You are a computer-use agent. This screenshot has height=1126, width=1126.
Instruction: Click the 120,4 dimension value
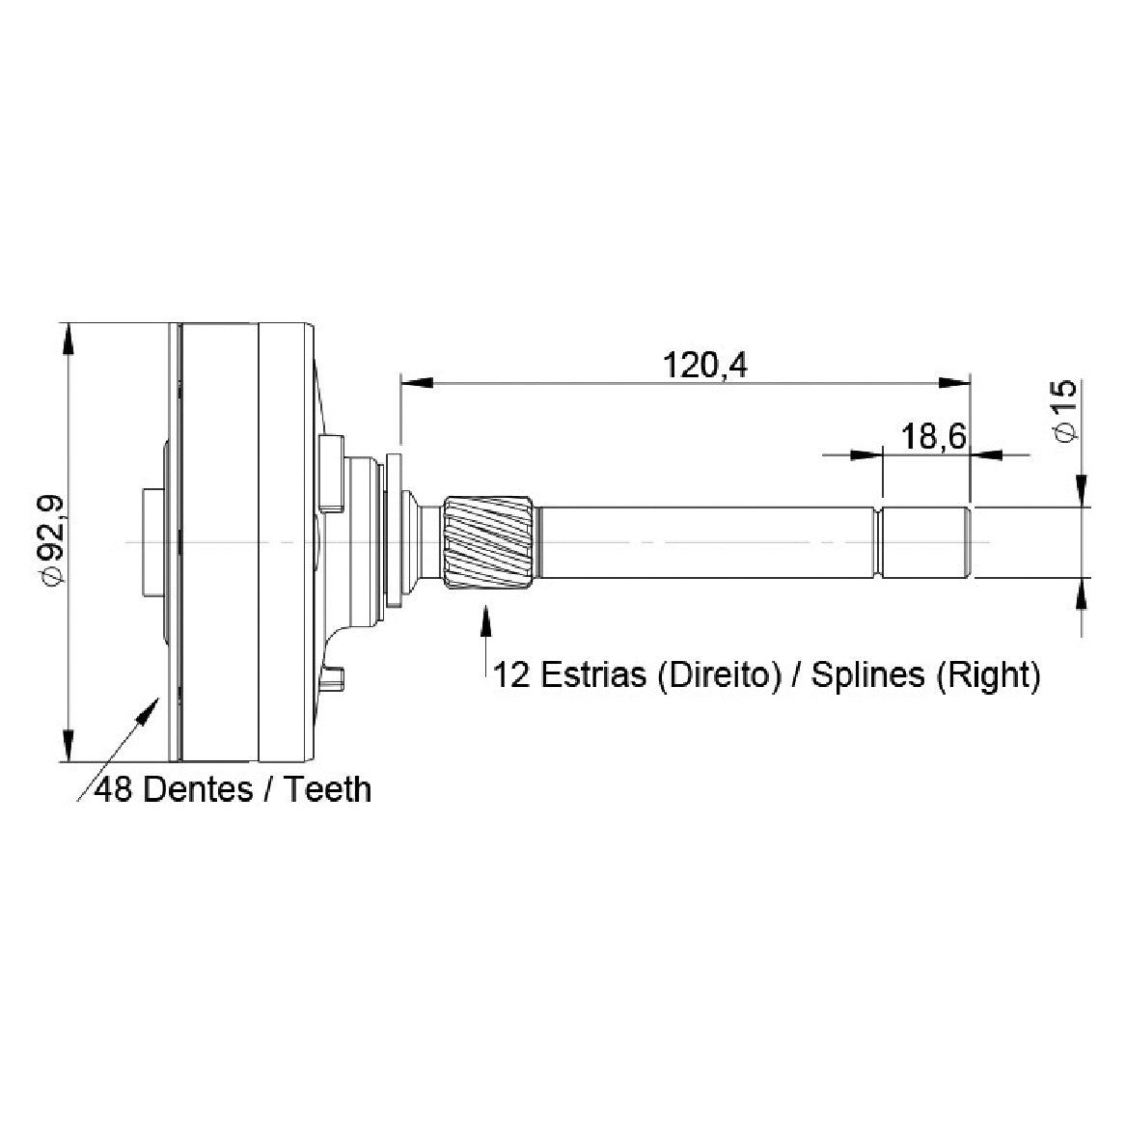point(704,365)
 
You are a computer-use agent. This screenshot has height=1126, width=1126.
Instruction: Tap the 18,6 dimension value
point(934,437)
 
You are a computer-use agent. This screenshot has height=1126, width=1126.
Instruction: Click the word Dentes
point(198,789)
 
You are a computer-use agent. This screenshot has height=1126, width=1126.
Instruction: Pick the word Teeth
point(328,789)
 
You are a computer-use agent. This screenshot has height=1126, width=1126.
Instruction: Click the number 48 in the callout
point(114,789)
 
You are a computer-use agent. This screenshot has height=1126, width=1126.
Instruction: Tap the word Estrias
point(593,674)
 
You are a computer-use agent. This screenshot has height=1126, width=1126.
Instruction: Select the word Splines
point(867,675)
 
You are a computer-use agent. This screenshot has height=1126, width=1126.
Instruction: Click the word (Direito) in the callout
point(719,675)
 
